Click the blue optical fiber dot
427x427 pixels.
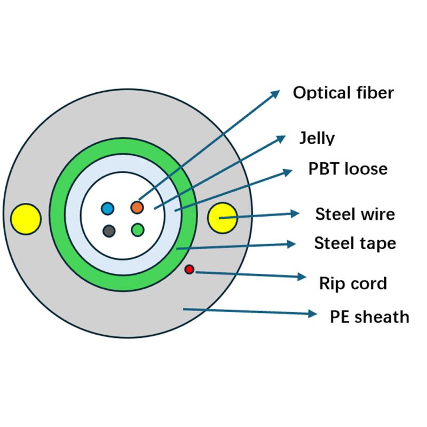[x=108, y=208]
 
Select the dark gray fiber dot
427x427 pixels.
[x=109, y=231]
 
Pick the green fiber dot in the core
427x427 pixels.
[x=138, y=230]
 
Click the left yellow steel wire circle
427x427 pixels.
[x=26, y=219]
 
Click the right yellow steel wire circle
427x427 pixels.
[x=222, y=218]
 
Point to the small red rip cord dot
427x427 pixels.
[x=189, y=270]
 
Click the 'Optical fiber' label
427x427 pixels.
[x=343, y=93]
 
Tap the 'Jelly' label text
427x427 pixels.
[x=317, y=138]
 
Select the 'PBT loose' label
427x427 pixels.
[x=347, y=169]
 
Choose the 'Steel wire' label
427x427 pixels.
[x=355, y=215]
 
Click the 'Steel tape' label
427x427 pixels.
[x=355, y=243]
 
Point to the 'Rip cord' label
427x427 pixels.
[x=352, y=283]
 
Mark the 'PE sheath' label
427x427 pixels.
[x=370, y=317]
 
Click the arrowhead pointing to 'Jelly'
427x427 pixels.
[x=281, y=138]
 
